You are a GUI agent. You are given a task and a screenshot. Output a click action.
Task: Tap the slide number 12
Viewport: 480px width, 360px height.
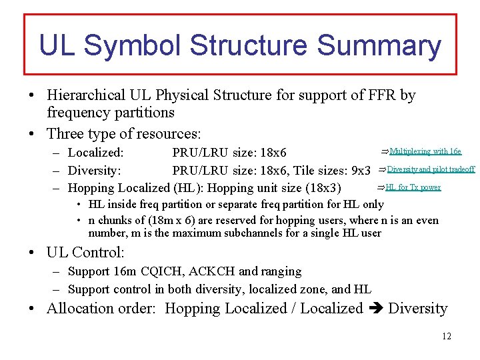[x=446, y=336]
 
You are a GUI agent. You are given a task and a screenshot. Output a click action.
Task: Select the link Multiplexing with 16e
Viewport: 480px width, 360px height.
[x=425, y=151]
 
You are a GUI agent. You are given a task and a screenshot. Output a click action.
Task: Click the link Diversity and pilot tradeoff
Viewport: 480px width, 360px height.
[x=431, y=169]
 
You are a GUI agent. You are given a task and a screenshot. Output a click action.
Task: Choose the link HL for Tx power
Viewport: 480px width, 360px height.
[x=413, y=187]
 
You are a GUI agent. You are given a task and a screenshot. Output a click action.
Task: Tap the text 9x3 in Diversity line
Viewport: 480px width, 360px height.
[x=361, y=170]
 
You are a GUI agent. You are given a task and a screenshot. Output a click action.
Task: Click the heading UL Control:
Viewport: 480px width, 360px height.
[x=85, y=253]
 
